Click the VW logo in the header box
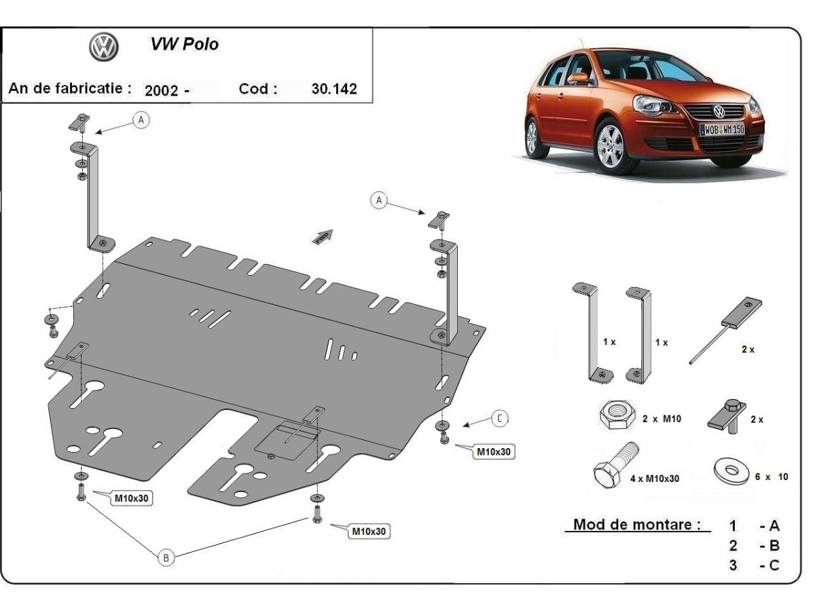pyautogui.click(x=104, y=48)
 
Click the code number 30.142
pyautogui.click(x=333, y=89)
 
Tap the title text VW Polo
pyautogui.click(x=184, y=45)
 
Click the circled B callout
pyautogui.click(x=166, y=557)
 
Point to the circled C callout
pyautogui.click(x=499, y=419)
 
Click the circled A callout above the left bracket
pyautogui.click(x=141, y=120)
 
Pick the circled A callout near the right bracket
pyautogui.click(x=379, y=200)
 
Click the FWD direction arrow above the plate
pyautogui.click(x=322, y=236)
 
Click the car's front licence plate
pyautogui.click(x=722, y=128)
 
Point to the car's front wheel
pyautogui.click(x=612, y=146)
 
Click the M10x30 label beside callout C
pyautogui.click(x=494, y=451)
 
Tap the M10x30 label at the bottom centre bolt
pyautogui.click(x=369, y=532)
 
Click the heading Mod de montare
pyautogui.click(x=636, y=525)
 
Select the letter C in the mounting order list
pyautogui.click(x=774, y=565)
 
